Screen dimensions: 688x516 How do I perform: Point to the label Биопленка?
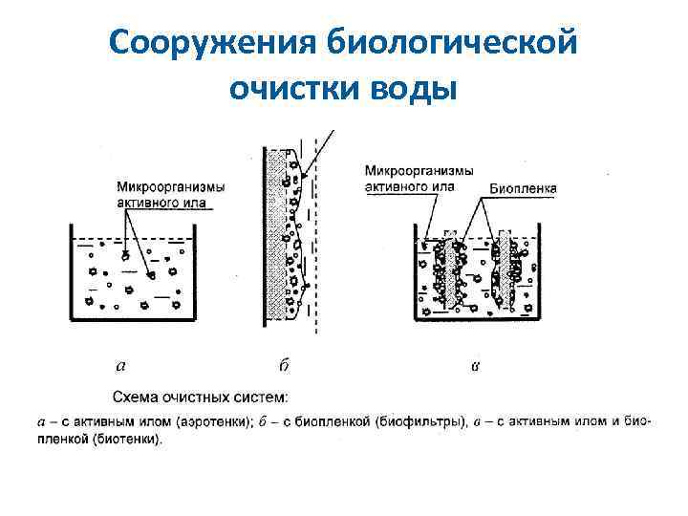[x=524, y=189]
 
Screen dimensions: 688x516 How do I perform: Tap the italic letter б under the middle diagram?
[x=284, y=364]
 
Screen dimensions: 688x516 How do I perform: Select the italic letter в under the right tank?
[x=475, y=365]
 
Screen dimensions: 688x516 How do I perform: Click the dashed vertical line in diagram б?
[x=317, y=239]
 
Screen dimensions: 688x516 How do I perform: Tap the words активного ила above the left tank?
[x=160, y=202]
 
